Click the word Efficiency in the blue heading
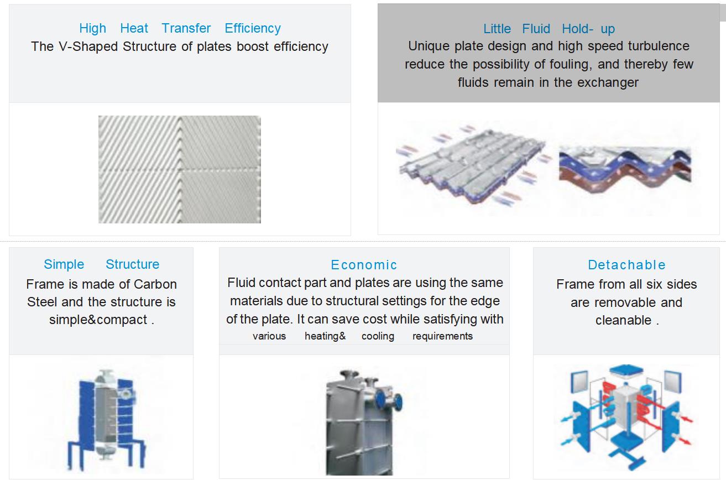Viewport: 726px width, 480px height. click(x=253, y=29)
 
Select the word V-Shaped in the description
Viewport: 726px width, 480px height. click(x=88, y=46)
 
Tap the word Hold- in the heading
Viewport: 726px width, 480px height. click(x=578, y=29)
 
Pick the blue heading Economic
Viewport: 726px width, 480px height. click(x=364, y=265)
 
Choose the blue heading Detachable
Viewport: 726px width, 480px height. click(x=626, y=265)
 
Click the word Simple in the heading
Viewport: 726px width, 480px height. click(x=64, y=264)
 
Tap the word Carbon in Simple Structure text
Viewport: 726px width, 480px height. click(x=155, y=284)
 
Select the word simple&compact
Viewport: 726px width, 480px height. click(x=98, y=320)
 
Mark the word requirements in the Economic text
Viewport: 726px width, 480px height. click(x=442, y=336)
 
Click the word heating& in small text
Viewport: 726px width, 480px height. click(x=325, y=336)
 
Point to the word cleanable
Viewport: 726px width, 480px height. click(x=623, y=320)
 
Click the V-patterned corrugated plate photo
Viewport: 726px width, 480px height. click(x=180, y=169)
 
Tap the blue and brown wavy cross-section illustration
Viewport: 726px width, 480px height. click(x=625, y=169)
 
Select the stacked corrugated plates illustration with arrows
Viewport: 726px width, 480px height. click(x=473, y=165)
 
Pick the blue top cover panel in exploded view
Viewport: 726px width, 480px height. click(x=626, y=371)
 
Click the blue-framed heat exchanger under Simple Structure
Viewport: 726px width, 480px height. click(x=106, y=420)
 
